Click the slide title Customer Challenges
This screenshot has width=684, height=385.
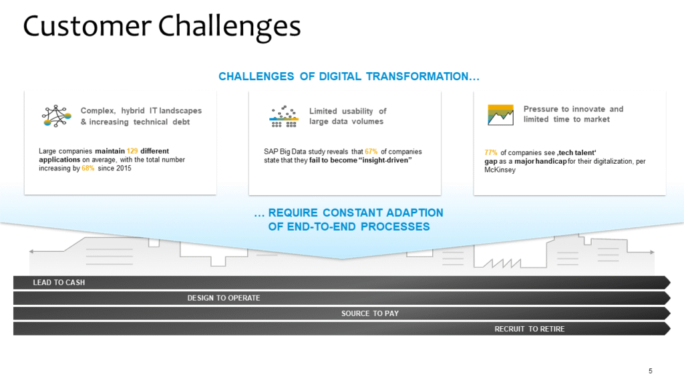click(x=162, y=27)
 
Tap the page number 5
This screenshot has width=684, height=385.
click(x=651, y=371)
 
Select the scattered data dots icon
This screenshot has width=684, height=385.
click(x=283, y=116)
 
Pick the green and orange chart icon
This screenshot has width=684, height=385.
click(x=500, y=114)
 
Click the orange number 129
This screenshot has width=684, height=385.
click(x=132, y=151)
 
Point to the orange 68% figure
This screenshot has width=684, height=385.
click(x=88, y=168)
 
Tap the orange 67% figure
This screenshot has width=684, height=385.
click(x=371, y=151)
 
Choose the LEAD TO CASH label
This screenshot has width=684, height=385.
click(x=59, y=283)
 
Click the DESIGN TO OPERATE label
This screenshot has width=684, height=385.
click(x=223, y=298)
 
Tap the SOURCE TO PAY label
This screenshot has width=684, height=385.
click(x=370, y=313)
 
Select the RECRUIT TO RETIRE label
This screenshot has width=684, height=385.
click(x=529, y=329)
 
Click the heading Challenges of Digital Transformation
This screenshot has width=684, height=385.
click(x=349, y=77)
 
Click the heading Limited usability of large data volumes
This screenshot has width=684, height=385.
click(x=347, y=116)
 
